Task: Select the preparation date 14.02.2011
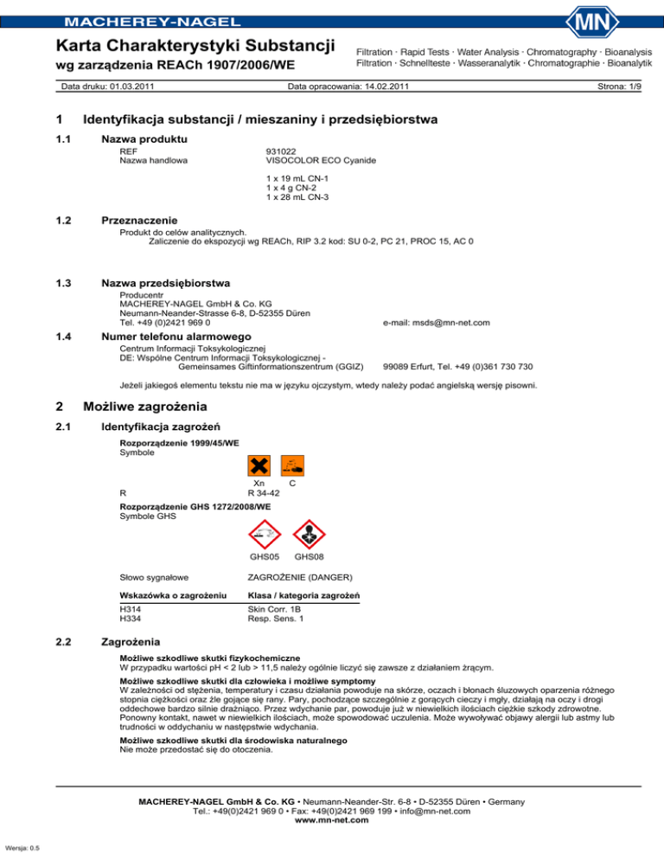pyautogui.click(x=373, y=87)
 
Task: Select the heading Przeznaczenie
pyautogui.click(x=144, y=221)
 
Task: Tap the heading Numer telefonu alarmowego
pyautogui.click(x=176, y=337)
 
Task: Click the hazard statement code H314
pyautogui.click(x=131, y=609)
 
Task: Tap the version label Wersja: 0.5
pyautogui.click(x=22, y=848)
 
